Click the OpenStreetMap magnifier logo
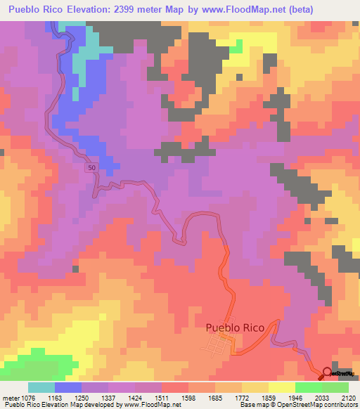(326, 374)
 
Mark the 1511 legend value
(172, 397)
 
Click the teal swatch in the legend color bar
(41, 387)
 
